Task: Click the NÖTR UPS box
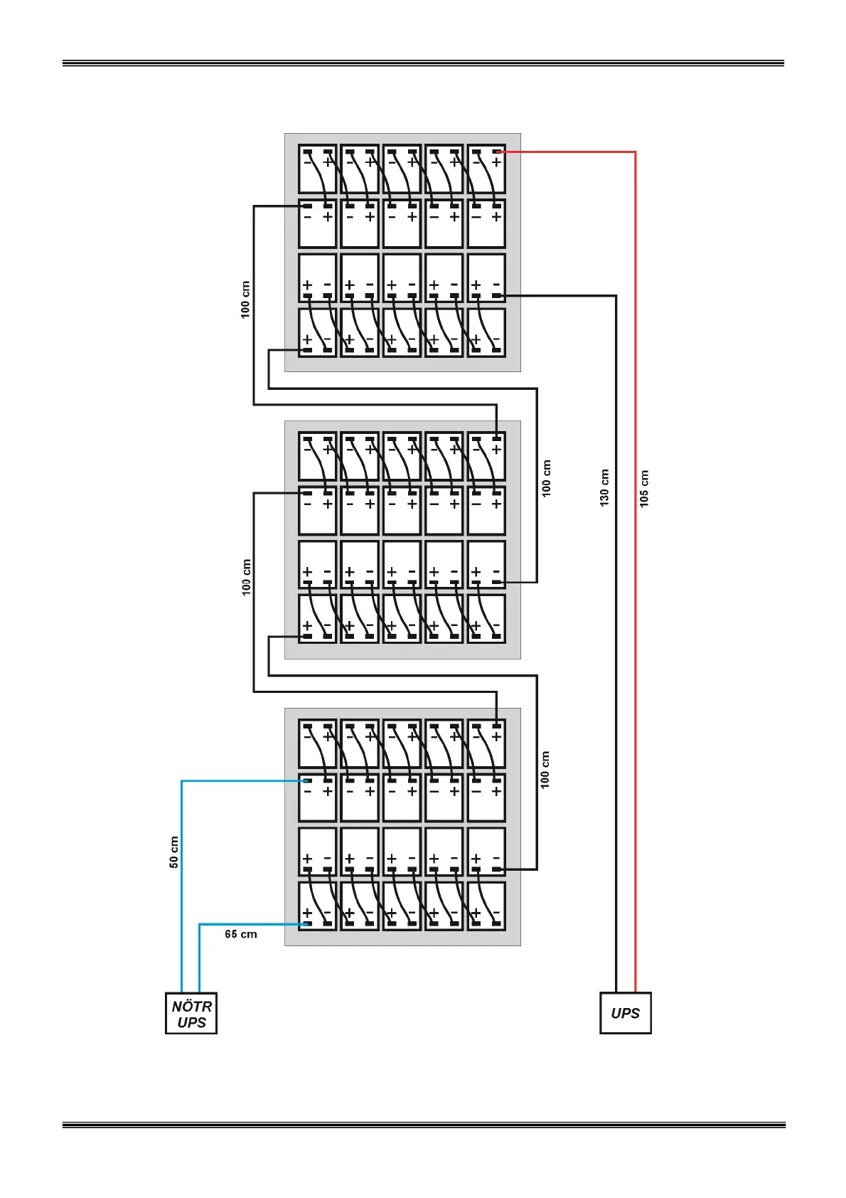191,1013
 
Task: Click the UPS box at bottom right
625,1013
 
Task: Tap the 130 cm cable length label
604,487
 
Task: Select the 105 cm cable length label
644,488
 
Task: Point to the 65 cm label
240,934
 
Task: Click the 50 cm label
174,852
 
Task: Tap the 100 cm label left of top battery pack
245,299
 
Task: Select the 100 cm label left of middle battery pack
246,577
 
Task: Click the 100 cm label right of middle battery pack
546,478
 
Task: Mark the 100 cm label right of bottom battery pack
545,769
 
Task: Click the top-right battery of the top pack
486,169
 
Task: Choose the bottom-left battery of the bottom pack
317,906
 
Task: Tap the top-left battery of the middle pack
317,457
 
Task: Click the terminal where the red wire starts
497,152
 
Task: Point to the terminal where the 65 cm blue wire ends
307,924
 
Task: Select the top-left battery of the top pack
317,169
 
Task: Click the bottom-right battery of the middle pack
486,618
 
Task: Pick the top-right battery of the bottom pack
486,744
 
